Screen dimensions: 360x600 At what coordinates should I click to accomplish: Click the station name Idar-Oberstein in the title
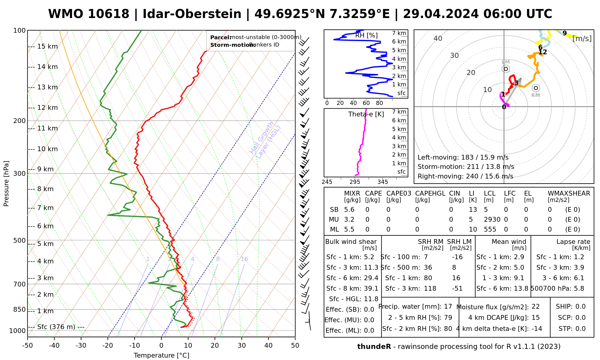[192, 14]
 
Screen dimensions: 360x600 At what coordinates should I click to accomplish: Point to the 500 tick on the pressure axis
[20, 240]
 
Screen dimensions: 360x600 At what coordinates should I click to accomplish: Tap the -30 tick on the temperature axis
[81, 346]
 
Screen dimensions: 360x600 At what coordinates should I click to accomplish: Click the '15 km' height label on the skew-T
[47, 46]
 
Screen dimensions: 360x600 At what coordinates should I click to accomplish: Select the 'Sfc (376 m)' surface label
[56, 327]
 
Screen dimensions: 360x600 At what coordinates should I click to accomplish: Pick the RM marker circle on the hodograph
[536, 88]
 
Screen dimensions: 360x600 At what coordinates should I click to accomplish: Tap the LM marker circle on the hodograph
[506, 69]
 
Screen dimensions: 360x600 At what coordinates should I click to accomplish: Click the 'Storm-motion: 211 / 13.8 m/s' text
[466, 167]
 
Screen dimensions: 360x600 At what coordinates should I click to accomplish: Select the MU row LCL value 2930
[492, 220]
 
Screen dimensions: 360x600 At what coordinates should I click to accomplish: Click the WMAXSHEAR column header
[569, 193]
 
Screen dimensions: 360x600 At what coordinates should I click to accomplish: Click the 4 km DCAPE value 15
[535, 318]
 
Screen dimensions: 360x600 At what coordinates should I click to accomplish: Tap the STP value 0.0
[580, 329]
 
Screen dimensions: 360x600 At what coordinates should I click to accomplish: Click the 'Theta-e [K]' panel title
[366, 114]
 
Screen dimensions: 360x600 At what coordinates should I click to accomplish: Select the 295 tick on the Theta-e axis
[355, 182]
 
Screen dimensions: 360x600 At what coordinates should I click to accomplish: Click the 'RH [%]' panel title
[366, 35]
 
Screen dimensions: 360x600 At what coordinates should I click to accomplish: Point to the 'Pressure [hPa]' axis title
[6, 184]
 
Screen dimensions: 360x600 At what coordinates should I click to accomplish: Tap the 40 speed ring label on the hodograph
[438, 38]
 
